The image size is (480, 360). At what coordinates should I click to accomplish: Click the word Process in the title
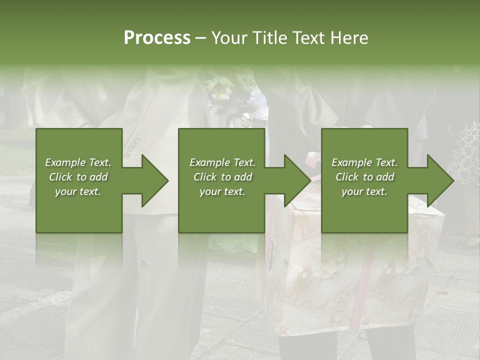pyautogui.click(x=157, y=38)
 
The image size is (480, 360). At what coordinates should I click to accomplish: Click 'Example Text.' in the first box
pyautogui.click(x=78, y=162)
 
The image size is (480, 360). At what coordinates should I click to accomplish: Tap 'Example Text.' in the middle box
pyautogui.click(x=222, y=162)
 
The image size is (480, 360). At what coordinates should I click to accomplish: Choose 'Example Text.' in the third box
pyautogui.click(x=364, y=162)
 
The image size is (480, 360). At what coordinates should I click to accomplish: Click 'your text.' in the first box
pyautogui.click(x=78, y=191)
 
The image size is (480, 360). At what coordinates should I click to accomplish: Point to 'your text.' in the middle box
pyautogui.click(x=222, y=191)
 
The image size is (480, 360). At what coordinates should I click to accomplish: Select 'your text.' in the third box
pyautogui.click(x=364, y=191)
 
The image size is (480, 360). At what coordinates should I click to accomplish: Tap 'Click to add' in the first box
pyautogui.click(x=78, y=177)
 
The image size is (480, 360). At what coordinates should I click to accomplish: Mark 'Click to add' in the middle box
pyautogui.click(x=222, y=177)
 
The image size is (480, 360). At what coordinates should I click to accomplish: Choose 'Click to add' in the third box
pyautogui.click(x=364, y=177)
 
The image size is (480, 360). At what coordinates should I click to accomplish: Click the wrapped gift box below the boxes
pyautogui.click(x=350, y=280)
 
